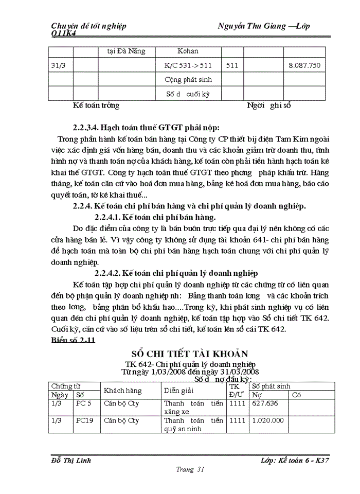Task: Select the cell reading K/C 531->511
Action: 188,65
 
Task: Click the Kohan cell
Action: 188,51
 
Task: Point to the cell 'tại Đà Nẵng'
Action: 127,51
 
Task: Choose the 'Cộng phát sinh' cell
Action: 188,80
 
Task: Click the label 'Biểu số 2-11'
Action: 74,340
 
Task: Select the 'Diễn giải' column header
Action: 178,391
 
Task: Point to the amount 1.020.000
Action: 268,420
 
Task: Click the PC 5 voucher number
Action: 83,404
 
